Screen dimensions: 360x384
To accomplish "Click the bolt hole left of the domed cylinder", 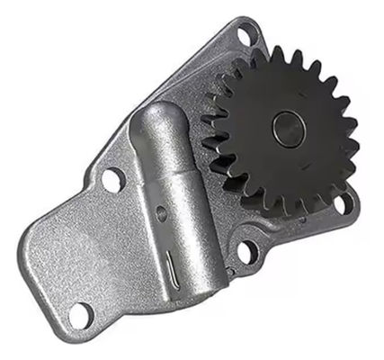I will point(112,180).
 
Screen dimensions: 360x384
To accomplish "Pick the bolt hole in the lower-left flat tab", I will point(79,313).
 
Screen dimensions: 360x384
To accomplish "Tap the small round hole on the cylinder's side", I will point(161,214).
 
